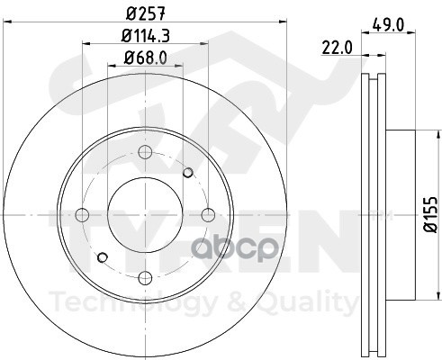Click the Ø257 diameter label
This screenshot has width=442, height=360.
(x=146, y=13)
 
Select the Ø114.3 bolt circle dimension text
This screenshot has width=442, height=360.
(x=146, y=36)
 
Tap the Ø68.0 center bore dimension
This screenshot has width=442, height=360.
(x=145, y=58)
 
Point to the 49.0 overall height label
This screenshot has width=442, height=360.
(x=388, y=25)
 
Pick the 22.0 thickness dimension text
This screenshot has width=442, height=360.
(x=338, y=48)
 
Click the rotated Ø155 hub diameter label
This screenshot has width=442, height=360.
(x=430, y=214)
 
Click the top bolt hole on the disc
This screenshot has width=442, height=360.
(x=145, y=152)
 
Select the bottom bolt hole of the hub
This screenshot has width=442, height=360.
(x=145, y=278)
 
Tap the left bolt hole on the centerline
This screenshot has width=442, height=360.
(x=82, y=215)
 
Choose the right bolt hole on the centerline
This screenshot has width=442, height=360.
(x=208, y=215)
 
